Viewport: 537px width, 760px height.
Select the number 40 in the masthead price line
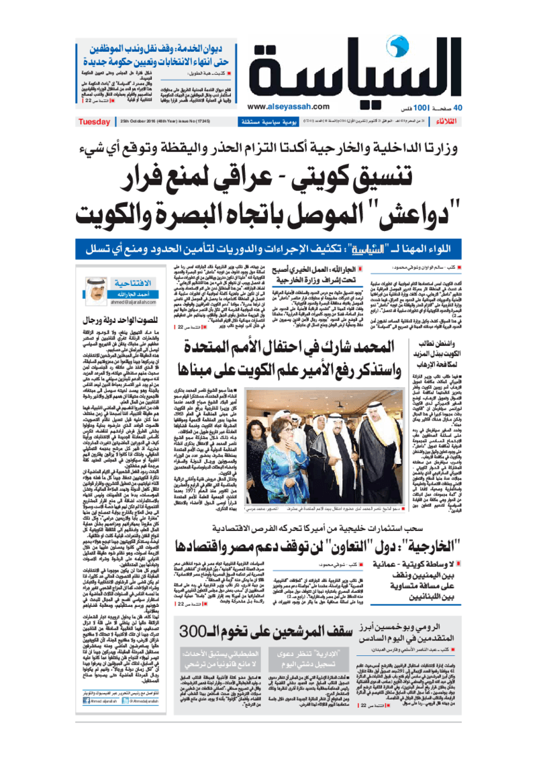459,107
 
